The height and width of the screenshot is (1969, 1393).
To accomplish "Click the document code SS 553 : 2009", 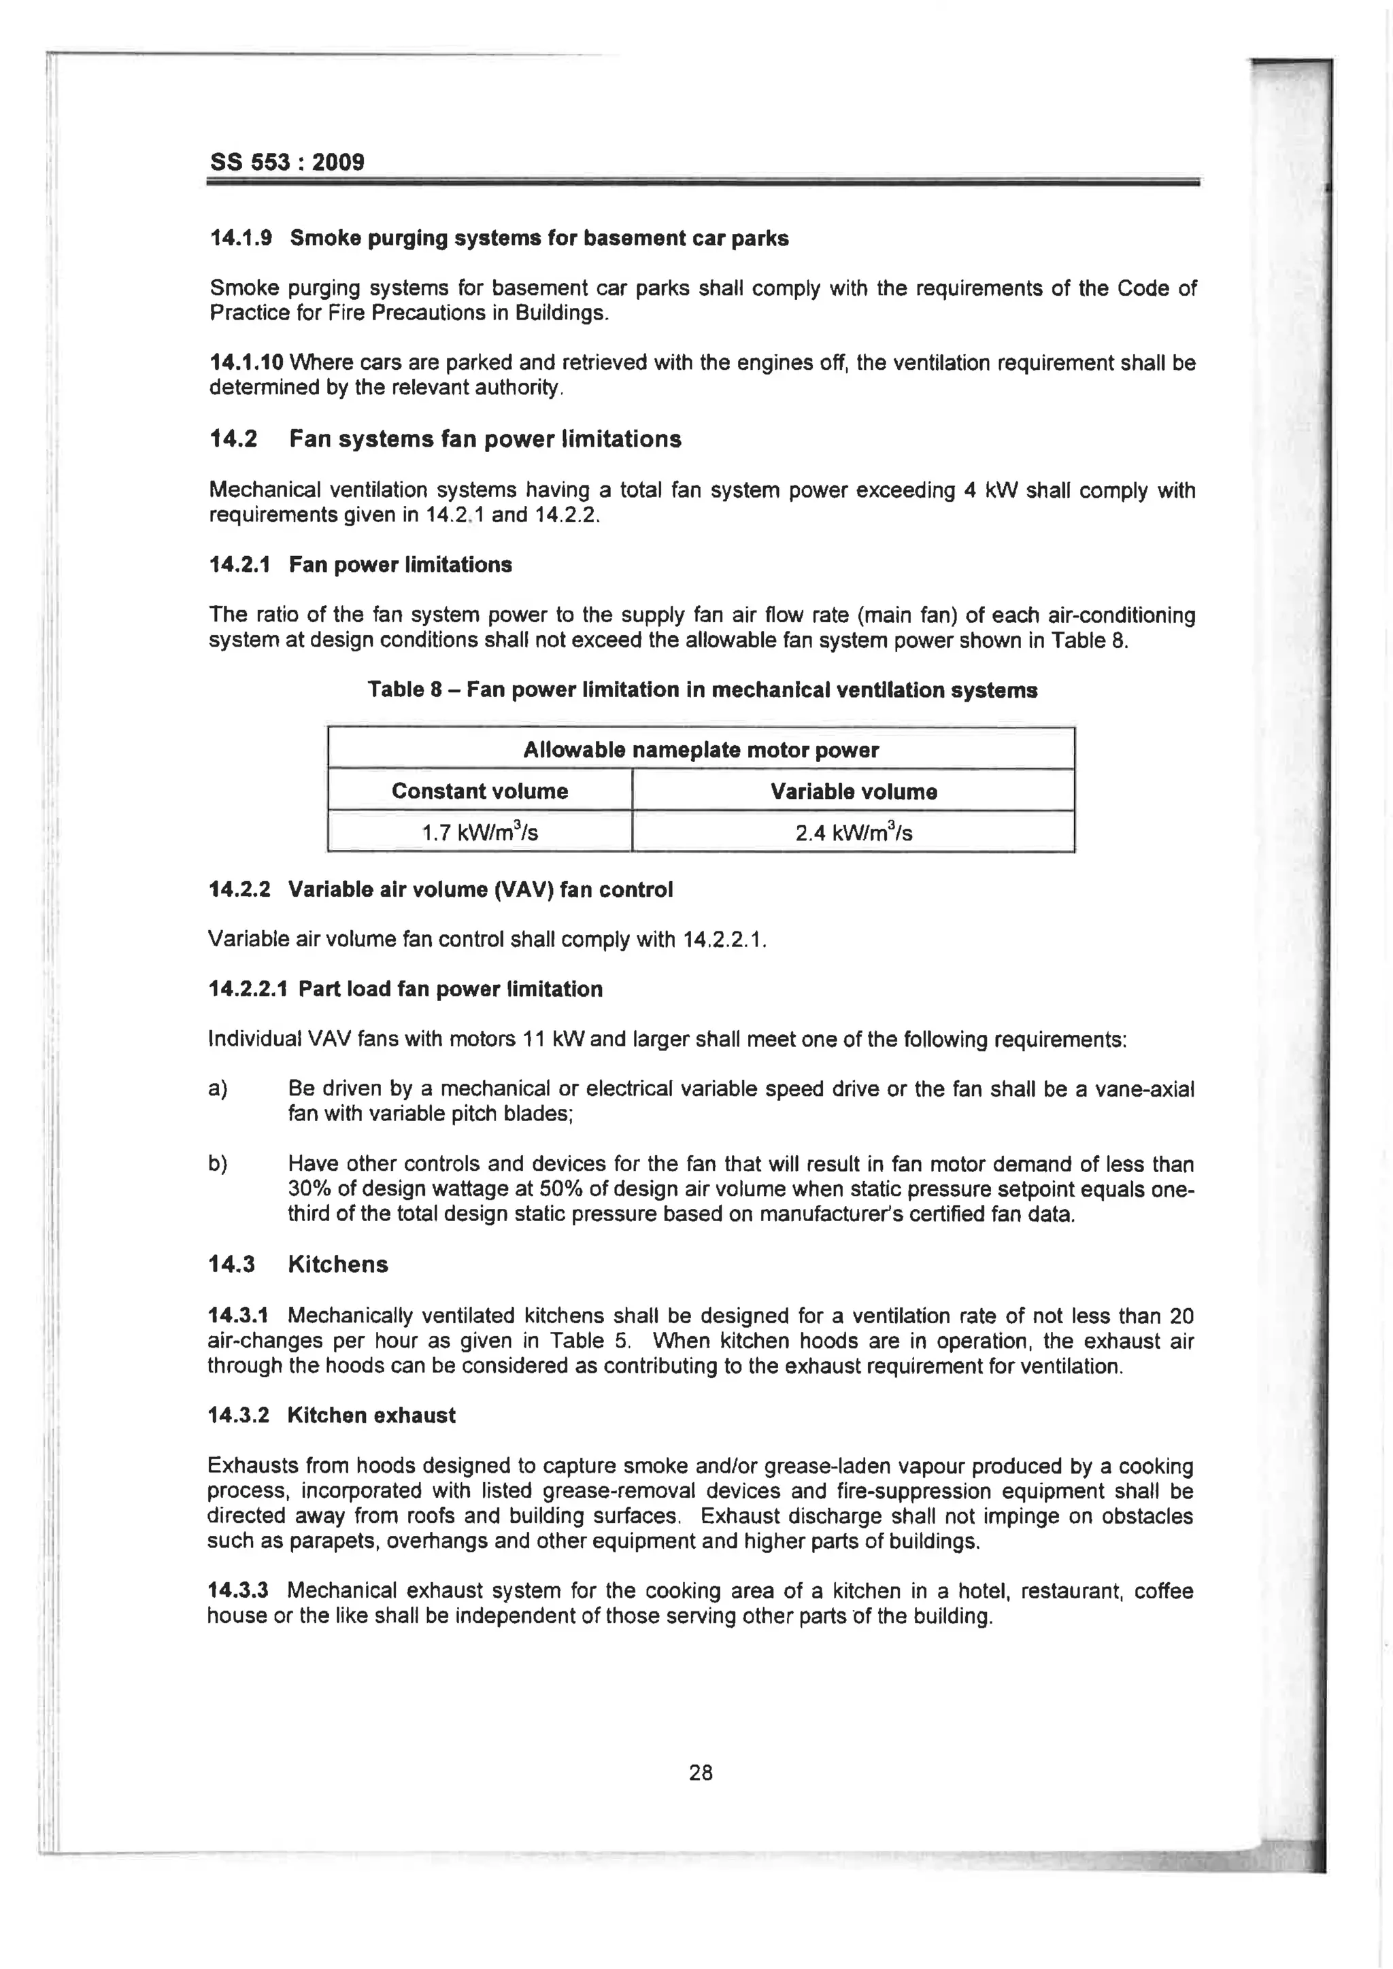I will [286, 162].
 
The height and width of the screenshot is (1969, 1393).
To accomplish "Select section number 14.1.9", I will [240, 239].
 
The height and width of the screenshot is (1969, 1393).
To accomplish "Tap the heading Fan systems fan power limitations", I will [485, 439].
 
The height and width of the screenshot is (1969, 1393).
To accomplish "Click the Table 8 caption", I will [702, 690].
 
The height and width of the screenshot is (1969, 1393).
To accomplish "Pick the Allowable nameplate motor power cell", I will [701, 751].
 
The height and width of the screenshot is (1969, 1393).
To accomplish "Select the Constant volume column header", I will [480, 791].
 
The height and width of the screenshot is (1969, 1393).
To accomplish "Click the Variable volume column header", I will [853, 791].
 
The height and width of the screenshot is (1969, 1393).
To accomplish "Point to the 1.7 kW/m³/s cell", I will [480, 832].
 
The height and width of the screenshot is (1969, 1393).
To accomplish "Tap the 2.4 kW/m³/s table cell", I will [853, 832].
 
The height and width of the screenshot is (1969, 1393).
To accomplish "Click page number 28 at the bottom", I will [700, 1773].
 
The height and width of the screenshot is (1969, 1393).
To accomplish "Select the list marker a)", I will [218, 1089].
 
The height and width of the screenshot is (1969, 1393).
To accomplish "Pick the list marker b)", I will [218, 1164].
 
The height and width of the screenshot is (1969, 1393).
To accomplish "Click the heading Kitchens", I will [338, 1265].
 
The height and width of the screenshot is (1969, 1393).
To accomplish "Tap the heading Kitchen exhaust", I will [371, 1415].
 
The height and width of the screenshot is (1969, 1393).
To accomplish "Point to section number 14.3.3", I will [237, 1591].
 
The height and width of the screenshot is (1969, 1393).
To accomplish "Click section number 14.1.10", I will [246, 363].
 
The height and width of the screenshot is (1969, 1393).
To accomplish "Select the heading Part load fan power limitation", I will [450, 990].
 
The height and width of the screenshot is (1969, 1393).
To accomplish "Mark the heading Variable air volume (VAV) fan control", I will [480, 889].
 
